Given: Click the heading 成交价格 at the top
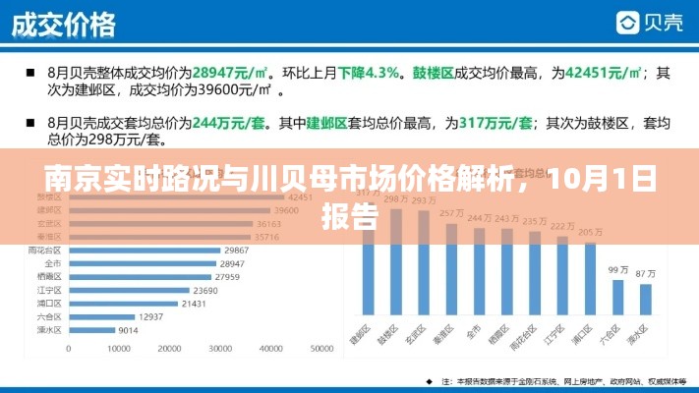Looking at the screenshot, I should point(63,23).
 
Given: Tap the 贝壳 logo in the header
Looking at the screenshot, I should point(650,23).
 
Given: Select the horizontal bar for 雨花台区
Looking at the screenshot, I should point(144,251).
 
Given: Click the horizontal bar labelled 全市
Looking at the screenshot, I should point(142,264).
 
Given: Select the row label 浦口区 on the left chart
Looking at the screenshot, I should point(48,304).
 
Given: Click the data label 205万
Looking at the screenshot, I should point(591,232).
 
